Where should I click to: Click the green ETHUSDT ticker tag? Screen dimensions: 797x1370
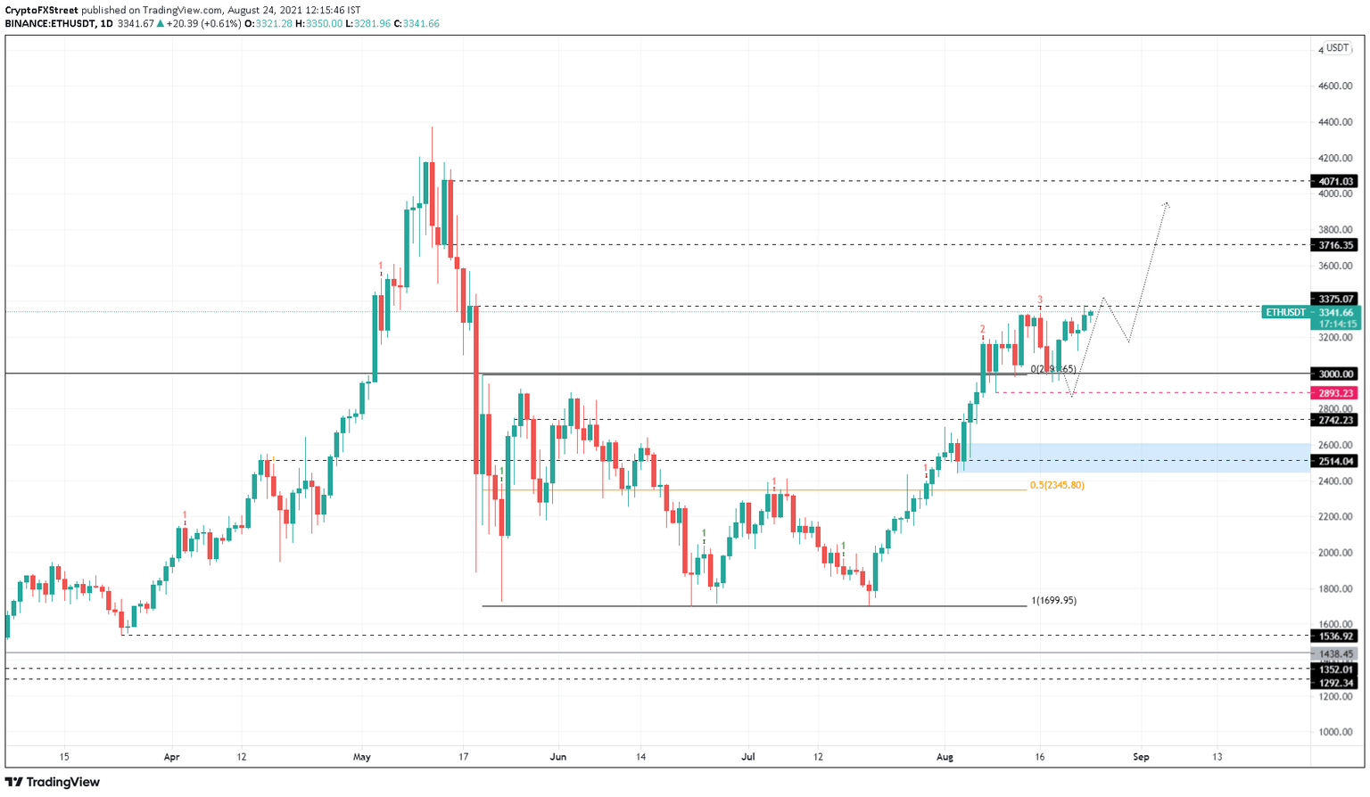(x=1285, y=313)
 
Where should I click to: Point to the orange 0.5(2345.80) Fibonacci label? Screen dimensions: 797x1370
(x=1057, y=485)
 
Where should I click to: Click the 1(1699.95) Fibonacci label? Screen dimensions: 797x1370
(x=1053, y=601)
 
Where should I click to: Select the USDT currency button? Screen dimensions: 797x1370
(x=1337, y=48)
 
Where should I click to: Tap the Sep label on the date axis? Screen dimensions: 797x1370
(x=1141, y=757)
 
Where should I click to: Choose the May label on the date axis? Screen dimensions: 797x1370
(x=361, y=757)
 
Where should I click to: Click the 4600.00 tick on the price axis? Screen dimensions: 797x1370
(x=1335, y=86)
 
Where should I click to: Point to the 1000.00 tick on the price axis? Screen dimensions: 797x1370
(x=1335, y=732)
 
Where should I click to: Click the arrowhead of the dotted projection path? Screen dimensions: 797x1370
(x=1167, y=205)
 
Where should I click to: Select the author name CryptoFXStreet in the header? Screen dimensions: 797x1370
(x=41, y=11)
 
